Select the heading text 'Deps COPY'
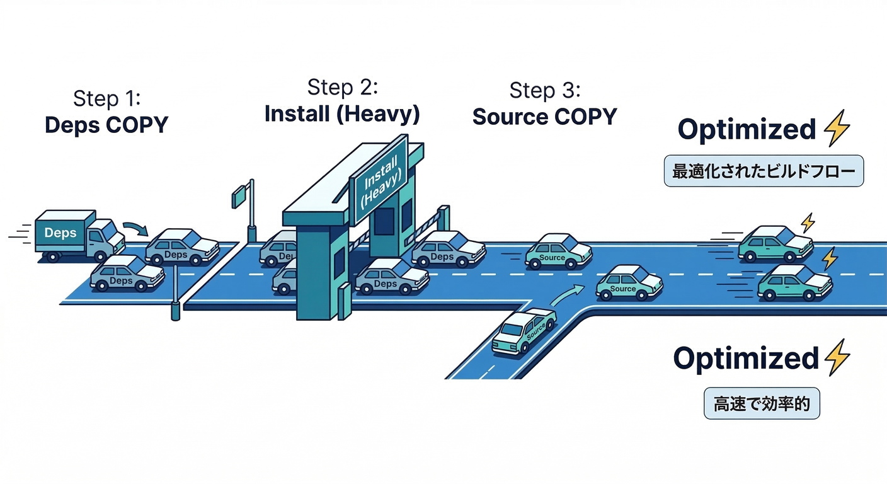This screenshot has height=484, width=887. (x=106, y=124)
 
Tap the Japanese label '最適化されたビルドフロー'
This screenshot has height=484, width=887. (x=764, y=172)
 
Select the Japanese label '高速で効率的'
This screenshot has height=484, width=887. (x=761, y=403)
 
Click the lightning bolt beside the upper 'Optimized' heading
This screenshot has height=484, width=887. (x=837, y=129)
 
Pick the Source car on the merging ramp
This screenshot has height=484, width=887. (x=524, y=331)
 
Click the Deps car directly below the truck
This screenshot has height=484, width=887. (x=127, y=274)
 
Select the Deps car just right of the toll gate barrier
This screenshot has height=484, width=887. (x=448, y=249)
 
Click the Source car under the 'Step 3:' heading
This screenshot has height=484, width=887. (x=558, y=251)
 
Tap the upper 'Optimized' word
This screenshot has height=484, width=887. (x=747, y=129)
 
